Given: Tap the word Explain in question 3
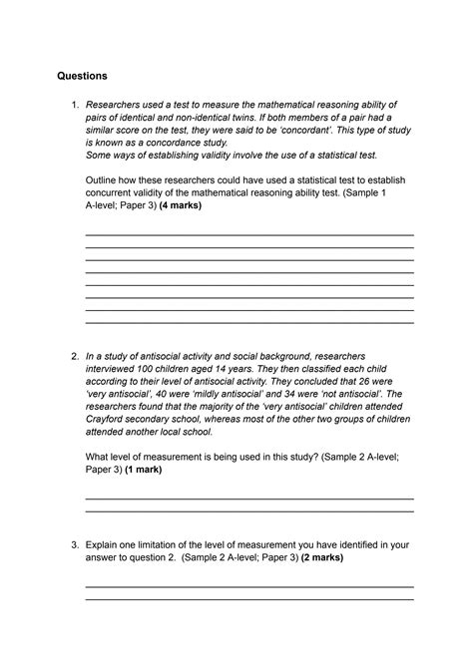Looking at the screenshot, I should click(109, 545).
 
